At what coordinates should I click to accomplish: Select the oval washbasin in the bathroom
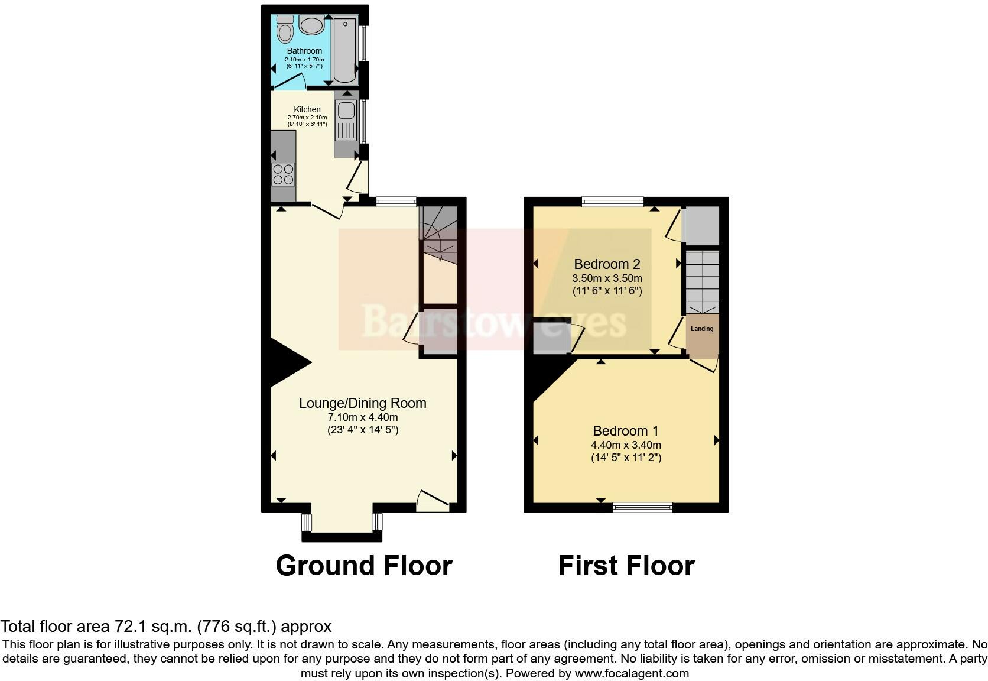pos(311,25)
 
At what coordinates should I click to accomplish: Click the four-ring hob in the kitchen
pos(283,174)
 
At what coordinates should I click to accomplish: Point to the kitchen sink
pos(346,111)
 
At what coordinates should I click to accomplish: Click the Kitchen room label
pos(307,109)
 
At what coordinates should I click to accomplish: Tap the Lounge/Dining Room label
pos(362,403)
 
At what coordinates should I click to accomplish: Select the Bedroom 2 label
pos(607,264)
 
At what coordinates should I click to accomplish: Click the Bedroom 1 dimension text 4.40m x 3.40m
pos(626,445)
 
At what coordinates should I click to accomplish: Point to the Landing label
pos(702,329)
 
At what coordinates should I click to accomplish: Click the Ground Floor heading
pos(363,566)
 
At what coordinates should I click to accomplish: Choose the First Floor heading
pos(626,566)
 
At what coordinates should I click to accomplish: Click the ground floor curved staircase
pos(438,236)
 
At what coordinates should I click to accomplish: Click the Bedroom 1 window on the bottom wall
pos(642,507)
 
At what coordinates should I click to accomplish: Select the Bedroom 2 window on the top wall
pos(612,202)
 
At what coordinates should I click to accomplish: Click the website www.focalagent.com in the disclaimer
pos(631,673)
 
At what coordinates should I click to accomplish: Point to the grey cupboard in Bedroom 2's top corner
pos(701,226)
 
